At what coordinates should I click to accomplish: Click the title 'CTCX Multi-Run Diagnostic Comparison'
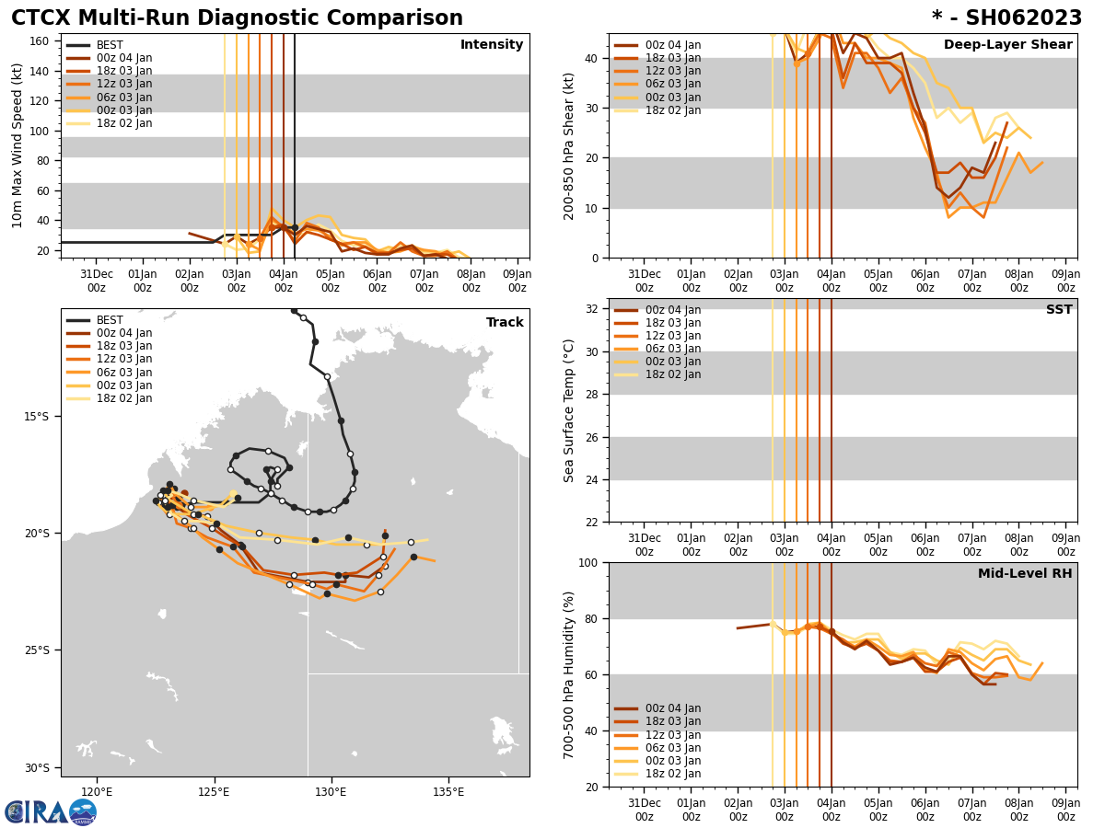tap(237, 18)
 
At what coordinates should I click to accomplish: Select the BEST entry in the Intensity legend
tap(110, 45)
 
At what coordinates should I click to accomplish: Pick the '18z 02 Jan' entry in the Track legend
tap(124, 398)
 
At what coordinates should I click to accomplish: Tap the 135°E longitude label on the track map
tap(448, 791)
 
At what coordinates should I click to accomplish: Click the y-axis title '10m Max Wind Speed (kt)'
tap(17, 145)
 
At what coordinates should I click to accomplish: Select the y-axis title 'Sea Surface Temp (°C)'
tap(569, 410)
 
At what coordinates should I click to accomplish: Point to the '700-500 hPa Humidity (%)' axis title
tap(569, 674)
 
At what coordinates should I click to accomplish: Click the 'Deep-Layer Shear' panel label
tap(1007, 45)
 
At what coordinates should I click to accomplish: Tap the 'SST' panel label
tap(1059, 310)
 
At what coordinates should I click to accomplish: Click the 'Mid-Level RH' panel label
tap(1025, 574)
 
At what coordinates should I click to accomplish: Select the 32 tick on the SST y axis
tap(596, 309)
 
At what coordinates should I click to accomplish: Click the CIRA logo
tap(50, 812)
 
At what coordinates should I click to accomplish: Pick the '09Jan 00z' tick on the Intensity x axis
tap(518, 281)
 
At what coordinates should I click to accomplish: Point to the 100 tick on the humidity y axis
tap(592, 562)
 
